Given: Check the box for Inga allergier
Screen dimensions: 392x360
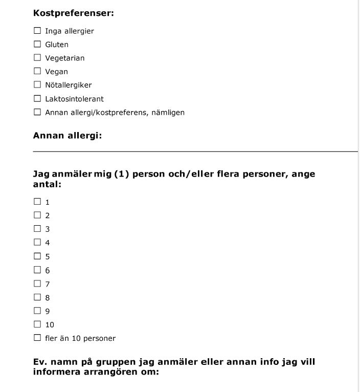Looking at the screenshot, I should click(37, 31).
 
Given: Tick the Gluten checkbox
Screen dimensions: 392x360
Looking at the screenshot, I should click(37, 45).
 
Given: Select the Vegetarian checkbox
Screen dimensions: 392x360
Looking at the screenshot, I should click(37, 58).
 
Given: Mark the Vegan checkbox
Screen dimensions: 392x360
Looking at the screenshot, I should click(37, 72).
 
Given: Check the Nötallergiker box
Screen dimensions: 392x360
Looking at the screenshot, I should click(37, 85).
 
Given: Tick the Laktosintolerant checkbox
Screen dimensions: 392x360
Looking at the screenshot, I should click(37, 98).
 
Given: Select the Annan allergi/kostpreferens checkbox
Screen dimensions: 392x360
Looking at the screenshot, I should click(37, 112).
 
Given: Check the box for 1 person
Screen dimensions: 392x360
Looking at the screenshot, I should click(37, 202).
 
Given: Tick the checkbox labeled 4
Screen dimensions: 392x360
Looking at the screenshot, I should click(37, 243).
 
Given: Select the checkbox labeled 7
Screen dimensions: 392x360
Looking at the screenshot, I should click(37, 284).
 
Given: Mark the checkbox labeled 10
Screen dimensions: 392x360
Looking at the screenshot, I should click(37, 324).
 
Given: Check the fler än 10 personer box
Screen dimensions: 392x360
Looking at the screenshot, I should click(37, 338).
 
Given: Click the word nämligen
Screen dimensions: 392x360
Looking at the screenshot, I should click(168, 113).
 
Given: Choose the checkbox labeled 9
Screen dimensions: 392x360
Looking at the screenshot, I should click(37, 311).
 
